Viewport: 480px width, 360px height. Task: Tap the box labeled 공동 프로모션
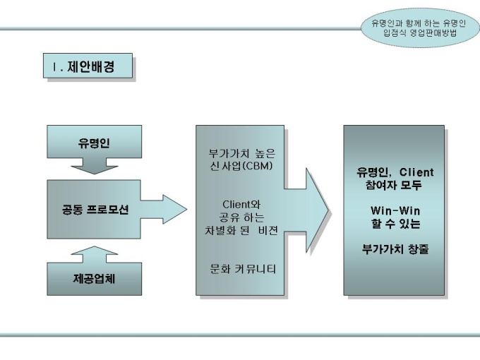[93, 210]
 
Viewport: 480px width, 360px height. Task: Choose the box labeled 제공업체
[93, 277]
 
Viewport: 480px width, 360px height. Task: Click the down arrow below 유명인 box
[93, 169]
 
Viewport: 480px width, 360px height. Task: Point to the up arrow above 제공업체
[93, 251]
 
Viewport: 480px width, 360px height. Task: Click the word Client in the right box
[416, 172]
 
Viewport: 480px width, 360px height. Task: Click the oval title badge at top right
[419, 28]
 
